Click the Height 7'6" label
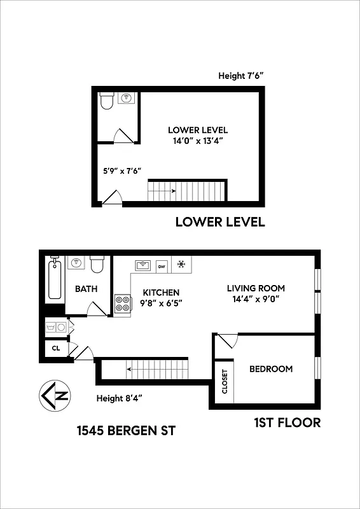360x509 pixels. click(240, 76)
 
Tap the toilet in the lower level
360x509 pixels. click(107, 101)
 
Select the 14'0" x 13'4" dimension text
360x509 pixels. click(198, 141)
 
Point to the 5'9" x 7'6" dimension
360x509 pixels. click(121, 171)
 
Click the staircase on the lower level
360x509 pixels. click(187, 190)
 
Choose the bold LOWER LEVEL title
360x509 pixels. click(219, 223)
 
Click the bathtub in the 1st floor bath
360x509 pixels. click(55, 279)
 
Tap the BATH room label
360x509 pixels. click(87, 289)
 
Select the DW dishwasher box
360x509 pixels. click(162, 266)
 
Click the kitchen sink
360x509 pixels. click(142, 265)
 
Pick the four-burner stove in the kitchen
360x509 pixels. click(121, 304)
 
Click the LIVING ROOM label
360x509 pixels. click(256, 288)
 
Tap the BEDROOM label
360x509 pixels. click(271, 369)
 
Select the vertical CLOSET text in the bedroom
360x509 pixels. click(225, 381)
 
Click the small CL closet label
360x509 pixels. click(56, 349)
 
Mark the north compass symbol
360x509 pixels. click(55, 396)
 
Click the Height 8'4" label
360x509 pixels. click(119, 398)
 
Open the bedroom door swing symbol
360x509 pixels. click(226, 342)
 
